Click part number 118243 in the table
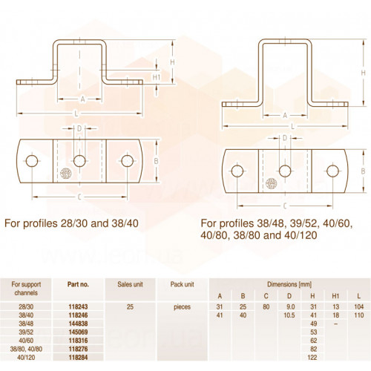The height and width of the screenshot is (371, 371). click(78, 306)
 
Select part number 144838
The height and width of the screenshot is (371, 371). click(78, 324)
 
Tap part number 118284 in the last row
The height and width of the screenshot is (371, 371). click(78, 358)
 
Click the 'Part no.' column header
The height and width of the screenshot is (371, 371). click(78, 284)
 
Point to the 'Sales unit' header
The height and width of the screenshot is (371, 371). click(130, 284)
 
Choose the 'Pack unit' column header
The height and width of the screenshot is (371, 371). click(183, 284)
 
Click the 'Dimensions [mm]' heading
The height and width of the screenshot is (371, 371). click(289, 284)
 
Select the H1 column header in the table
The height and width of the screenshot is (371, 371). click(335, 296)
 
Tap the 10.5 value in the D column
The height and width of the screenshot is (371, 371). click(289, 315)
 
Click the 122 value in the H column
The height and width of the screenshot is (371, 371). click(312, 358)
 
